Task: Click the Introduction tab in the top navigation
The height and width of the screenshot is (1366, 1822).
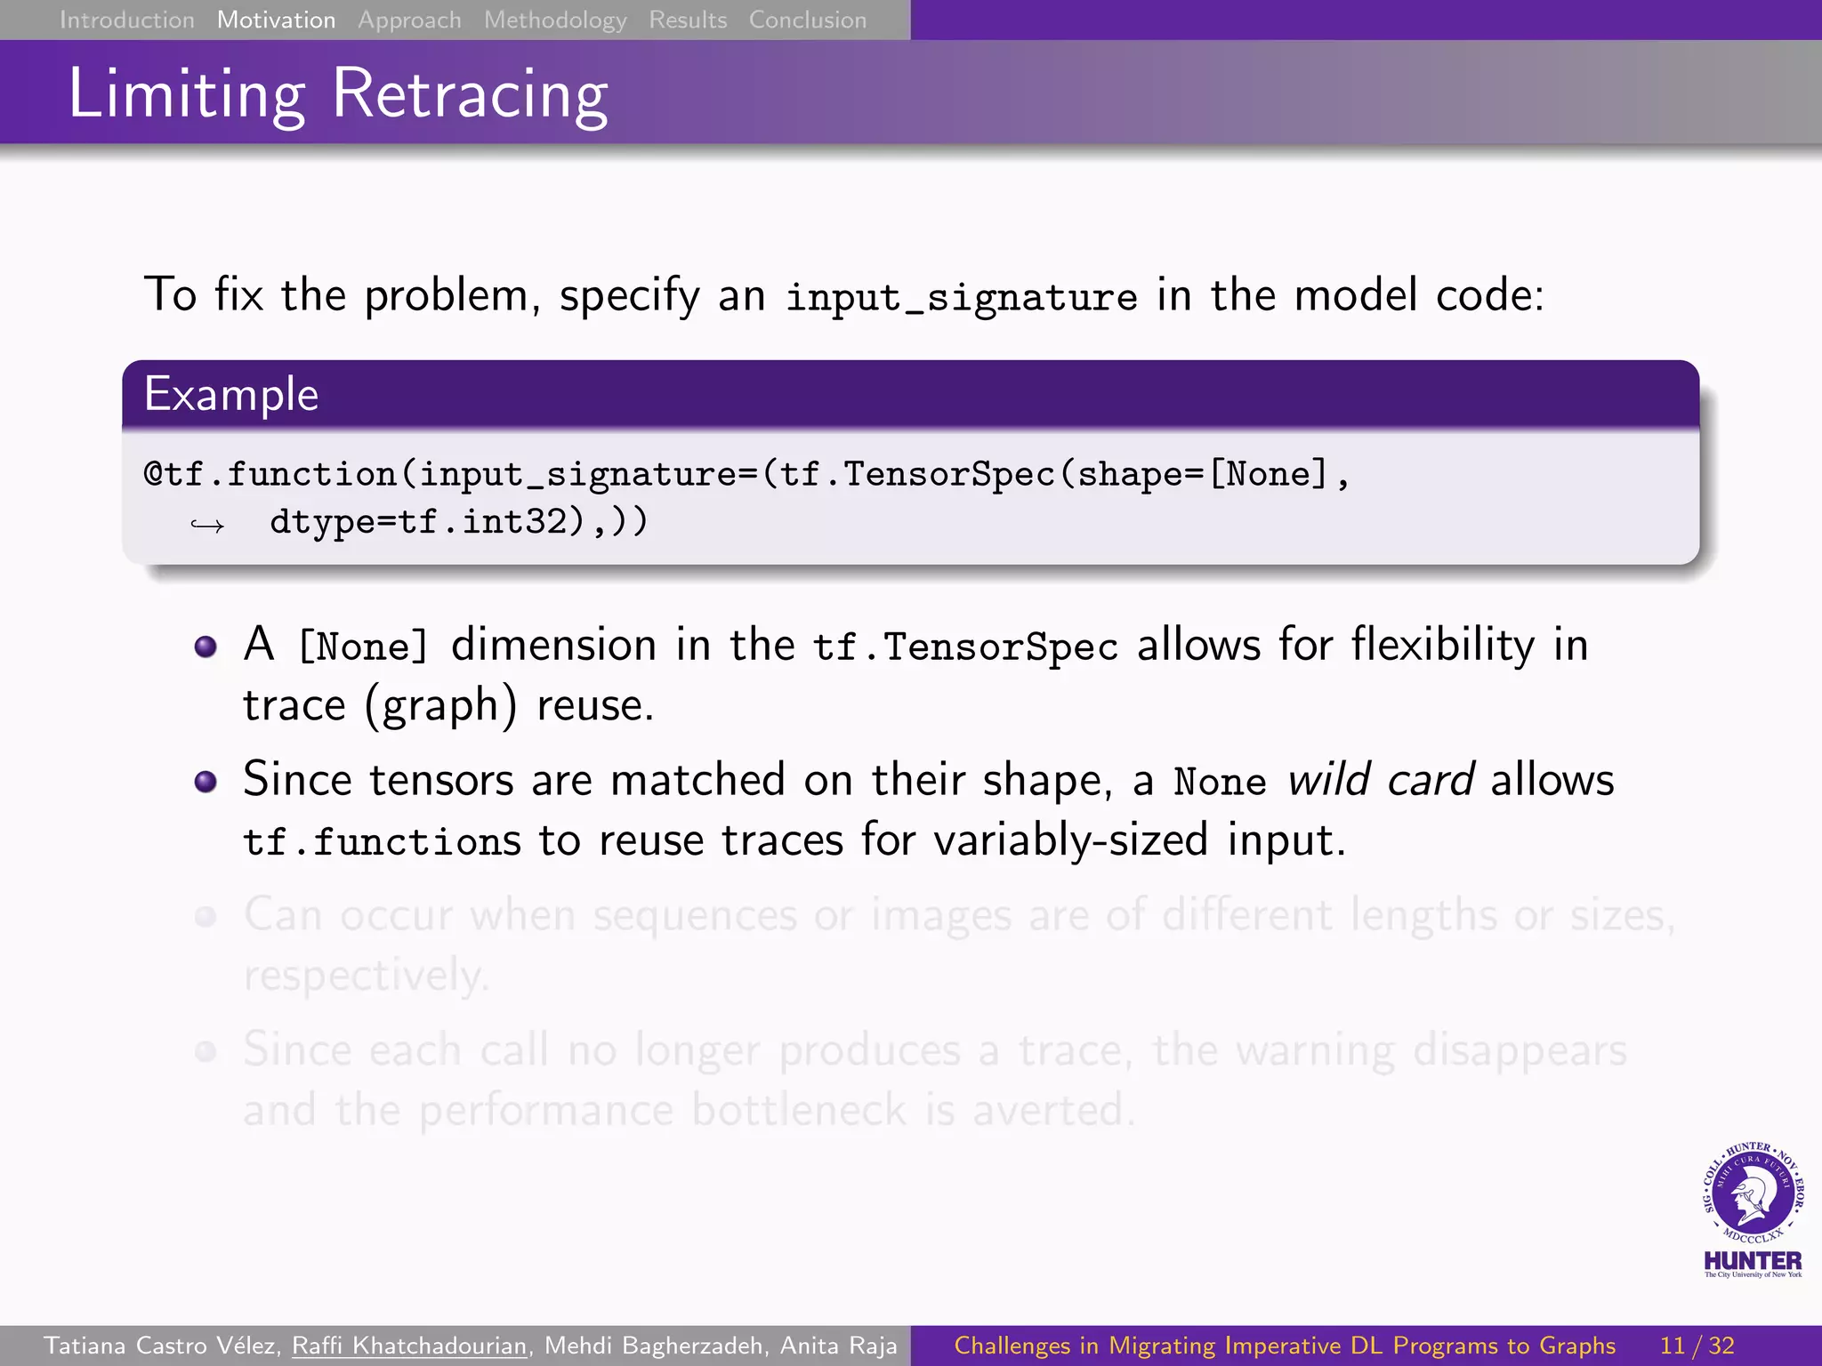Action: [126, 20]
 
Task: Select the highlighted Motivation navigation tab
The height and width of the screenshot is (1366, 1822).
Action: [276, 20]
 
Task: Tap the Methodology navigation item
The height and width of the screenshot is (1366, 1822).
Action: [555, 20]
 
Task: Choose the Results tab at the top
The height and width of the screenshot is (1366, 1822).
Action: [688, 20]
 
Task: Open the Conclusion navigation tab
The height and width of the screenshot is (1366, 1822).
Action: [807, 20]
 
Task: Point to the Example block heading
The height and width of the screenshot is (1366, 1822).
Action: [231, 394]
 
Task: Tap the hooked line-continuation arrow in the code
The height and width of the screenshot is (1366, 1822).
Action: [206, 525]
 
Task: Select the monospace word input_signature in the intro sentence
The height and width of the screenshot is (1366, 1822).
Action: [961, 296]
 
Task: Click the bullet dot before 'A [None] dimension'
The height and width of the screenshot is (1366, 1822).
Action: [206, 647]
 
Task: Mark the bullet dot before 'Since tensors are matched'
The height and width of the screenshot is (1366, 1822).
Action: [206, 782]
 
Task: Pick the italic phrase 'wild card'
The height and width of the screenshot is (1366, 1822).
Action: [1381, 780]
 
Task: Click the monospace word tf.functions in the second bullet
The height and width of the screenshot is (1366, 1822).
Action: [382, 841]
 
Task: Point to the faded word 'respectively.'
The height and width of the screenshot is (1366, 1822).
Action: [366, 976]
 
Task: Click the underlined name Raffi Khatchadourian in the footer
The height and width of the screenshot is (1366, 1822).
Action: [409, 1346]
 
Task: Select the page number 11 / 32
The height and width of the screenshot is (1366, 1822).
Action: [1697, 1346]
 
